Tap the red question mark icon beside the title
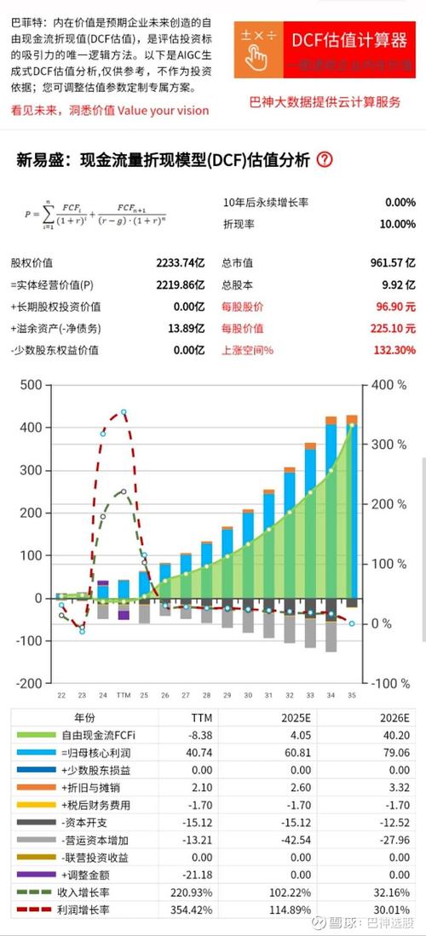pos(325,159)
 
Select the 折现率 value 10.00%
pos(397,223)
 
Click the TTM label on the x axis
pos(124,695)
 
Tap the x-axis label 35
pos(352,695)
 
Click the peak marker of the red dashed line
pos(124,412)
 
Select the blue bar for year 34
pos(331,511)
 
